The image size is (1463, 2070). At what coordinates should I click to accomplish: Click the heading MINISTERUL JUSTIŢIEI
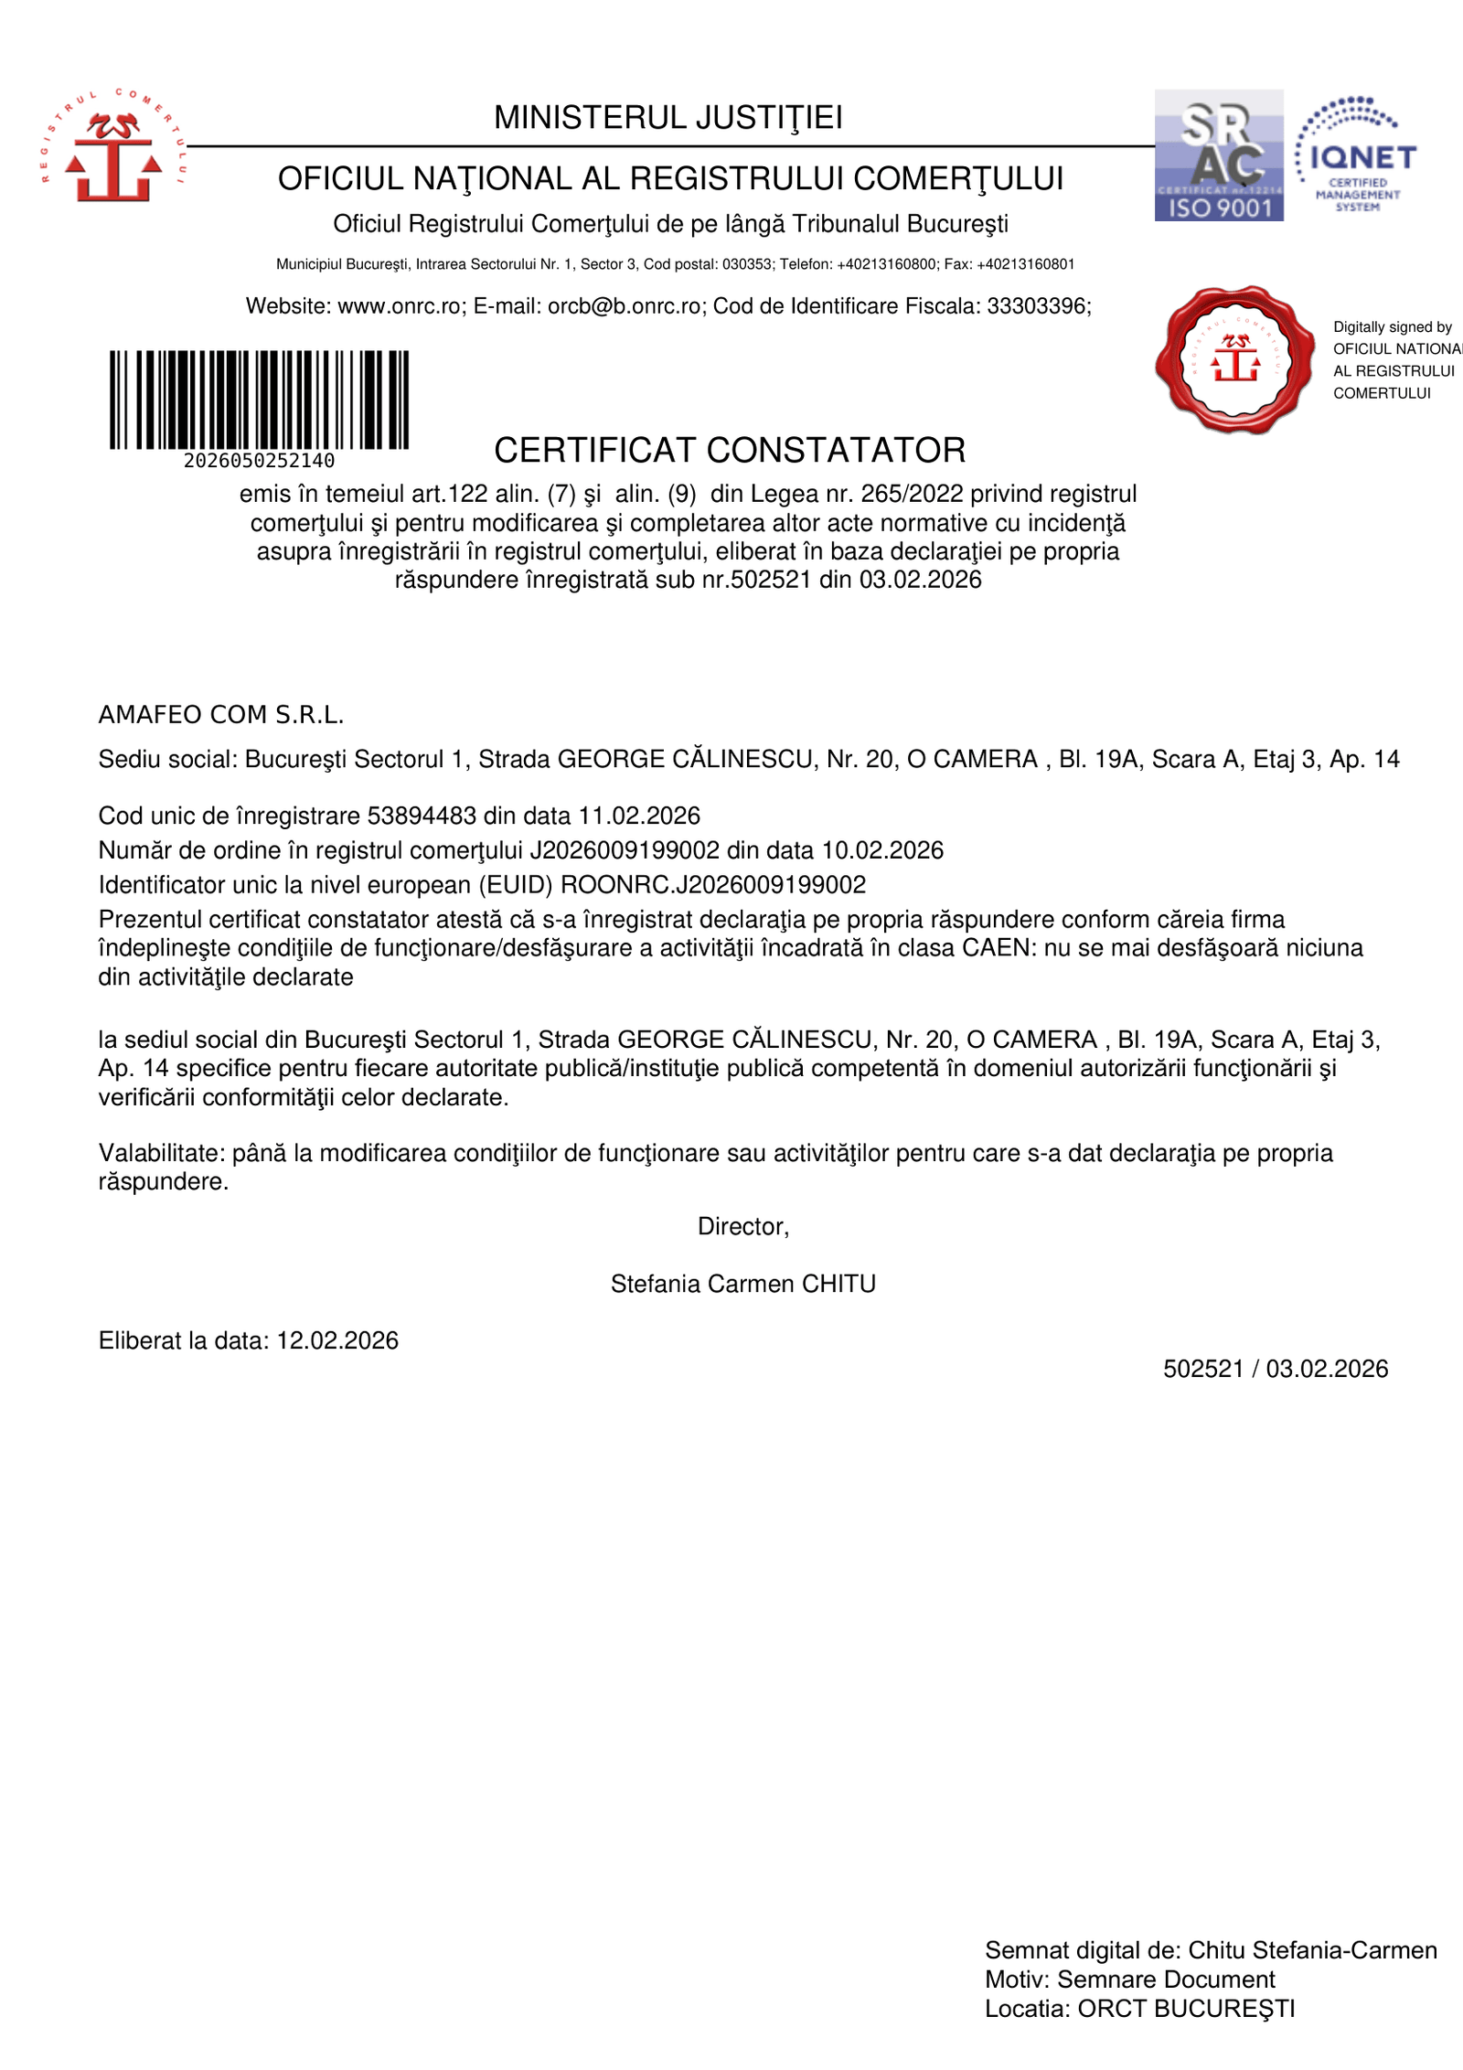(667, 118)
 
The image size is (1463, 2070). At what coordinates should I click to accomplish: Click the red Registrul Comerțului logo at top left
(113, 146)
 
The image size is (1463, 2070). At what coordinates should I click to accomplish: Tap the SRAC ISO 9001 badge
(1218, 155)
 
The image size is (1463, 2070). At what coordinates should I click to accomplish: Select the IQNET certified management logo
(1356, 155)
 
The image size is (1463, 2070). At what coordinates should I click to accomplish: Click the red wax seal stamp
(1234, 358)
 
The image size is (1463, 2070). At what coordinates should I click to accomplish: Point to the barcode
(259, 400)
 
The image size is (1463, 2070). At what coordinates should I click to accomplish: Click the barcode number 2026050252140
(259, 461)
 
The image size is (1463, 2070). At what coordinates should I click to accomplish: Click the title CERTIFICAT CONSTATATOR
(730, 451)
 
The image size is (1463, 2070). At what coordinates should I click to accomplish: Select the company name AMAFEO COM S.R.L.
(221, 715)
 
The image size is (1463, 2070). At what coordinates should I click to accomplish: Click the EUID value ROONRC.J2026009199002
(713, 885)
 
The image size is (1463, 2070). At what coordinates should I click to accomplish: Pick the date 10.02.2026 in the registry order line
(882, 850)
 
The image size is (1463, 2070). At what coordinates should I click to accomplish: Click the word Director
(742, 1227)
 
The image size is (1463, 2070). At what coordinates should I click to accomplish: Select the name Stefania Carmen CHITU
(742, 1285)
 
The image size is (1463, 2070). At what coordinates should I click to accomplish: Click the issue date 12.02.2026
(337, 1341)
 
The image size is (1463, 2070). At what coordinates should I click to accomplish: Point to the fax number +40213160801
(1025, 264)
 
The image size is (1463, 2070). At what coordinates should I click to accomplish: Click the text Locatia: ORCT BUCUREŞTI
(1139, 2009)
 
